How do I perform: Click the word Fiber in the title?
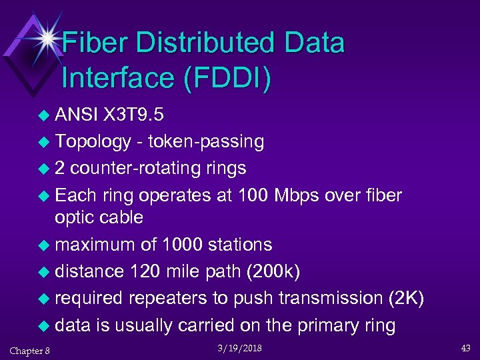pos(101,44)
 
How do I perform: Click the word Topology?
pos(93,141)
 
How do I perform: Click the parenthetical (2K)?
pos(406,298)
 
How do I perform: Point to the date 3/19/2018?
pos(239,349)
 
